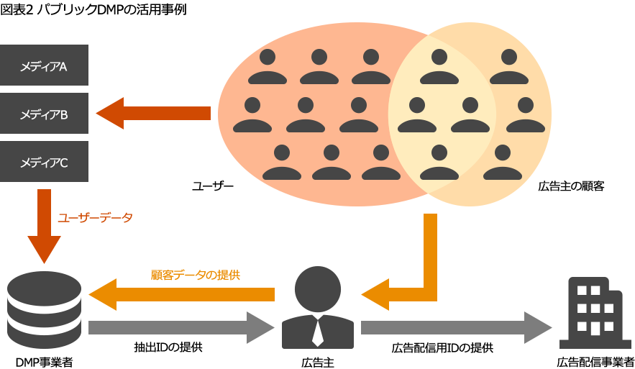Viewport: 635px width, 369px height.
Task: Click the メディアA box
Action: click(x=45, y=65)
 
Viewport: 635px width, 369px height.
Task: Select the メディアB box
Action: click(x=45, y=113)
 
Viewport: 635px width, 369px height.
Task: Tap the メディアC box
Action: click(x=45, y=161)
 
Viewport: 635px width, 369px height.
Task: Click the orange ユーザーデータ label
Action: click(x=95, y=217)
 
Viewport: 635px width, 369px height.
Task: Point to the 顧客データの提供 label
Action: click(x=195, y=275)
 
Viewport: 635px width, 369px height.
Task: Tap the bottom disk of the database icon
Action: click(x=44, y=336)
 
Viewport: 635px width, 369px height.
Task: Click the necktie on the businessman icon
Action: click(x=317, y=333)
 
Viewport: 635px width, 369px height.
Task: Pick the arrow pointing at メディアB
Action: click(x=152, y=113)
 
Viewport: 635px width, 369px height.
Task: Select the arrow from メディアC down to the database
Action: click(x=44, y=226)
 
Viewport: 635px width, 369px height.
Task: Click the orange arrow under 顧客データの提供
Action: click(x=181, y=294)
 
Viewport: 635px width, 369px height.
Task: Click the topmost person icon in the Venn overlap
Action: click(x=439, y=67)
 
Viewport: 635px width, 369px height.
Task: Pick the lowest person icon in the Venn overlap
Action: click(x=439, y=163)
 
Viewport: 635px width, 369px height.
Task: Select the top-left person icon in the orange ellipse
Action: click(x=267, y=67)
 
